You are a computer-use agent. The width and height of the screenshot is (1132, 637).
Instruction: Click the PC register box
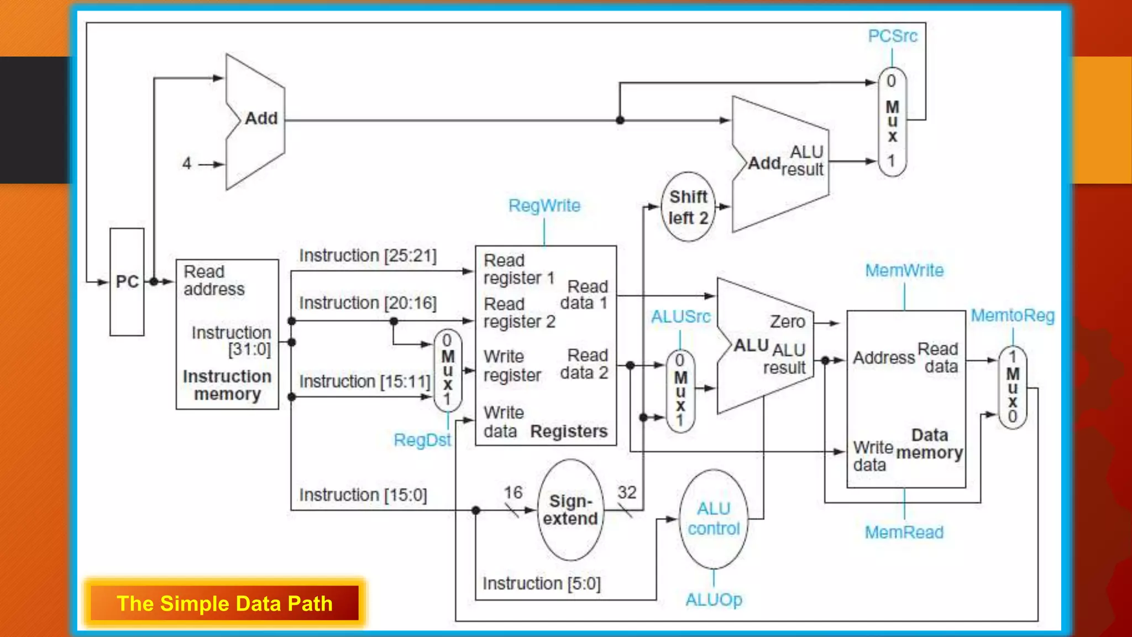(x=127, y=281)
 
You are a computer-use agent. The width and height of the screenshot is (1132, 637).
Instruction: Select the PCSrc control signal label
(x=892, y=36)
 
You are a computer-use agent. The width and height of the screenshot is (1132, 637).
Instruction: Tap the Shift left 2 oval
(x=688, y=207)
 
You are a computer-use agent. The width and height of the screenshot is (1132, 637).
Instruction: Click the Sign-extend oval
(x=570, y=510)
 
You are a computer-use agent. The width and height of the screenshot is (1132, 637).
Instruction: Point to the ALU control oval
(x=714, y=519)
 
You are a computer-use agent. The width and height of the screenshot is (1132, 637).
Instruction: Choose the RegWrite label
(x=544, y=206)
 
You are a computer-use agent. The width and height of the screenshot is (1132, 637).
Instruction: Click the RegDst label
(x=422, y=440)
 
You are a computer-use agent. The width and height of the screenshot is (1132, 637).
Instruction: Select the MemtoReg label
(x=1013, y=316)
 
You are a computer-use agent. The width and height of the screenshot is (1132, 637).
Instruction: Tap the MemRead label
(x=904, y=532)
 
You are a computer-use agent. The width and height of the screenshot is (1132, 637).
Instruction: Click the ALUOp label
(x=714, y=599)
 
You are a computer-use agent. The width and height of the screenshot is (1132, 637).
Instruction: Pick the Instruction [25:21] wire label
(x=368, y=255)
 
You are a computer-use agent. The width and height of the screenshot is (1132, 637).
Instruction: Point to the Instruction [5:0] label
(x=541, y=583)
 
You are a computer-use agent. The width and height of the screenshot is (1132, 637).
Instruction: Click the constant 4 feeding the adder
(x=187, y=164)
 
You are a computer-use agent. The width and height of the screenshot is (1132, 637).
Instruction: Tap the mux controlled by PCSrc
(x=892, y=122)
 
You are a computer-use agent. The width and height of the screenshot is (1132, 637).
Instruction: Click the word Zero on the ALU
(x=787, y=322)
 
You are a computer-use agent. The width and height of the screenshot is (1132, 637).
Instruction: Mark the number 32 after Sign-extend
(x=627, y=492)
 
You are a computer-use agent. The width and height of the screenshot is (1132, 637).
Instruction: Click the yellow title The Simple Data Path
(x=224, y=603)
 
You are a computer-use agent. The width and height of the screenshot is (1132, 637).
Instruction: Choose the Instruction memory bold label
(x=227, y=385)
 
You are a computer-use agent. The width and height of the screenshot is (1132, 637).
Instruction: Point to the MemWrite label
(x=904, y=271)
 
